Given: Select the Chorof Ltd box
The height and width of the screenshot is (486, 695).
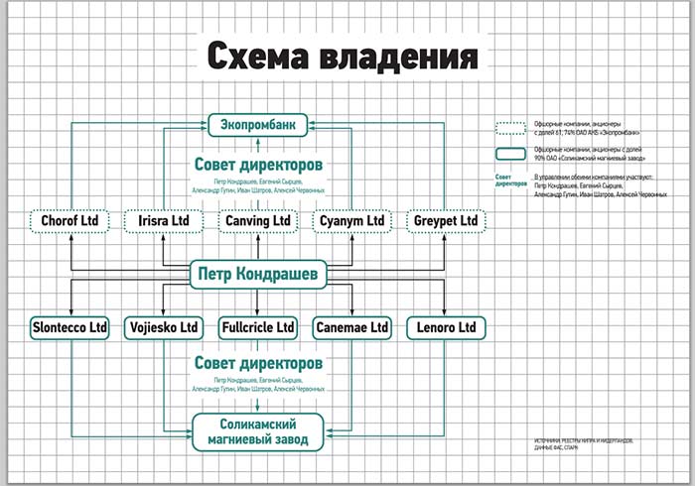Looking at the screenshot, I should click(69, 220).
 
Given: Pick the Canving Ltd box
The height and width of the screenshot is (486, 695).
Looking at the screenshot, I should click(257, 220).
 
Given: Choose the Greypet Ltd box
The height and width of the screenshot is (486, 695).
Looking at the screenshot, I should click(445, 220).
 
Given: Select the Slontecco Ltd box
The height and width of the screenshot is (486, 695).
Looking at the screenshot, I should click(69, 326).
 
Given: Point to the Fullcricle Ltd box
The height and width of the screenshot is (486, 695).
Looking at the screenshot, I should click(257, 326).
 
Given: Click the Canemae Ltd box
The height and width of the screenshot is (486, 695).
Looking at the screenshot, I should click(351, 326).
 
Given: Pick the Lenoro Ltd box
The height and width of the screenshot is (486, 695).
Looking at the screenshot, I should click(445, 326).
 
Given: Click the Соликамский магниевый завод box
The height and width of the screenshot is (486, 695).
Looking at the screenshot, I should click(257, 431).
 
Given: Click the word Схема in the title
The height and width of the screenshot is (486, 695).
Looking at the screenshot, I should click(259, 57).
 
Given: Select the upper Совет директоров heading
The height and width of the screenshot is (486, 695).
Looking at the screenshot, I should click(257, 164).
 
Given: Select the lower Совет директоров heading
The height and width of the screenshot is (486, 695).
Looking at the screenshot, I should click(257, 364).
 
